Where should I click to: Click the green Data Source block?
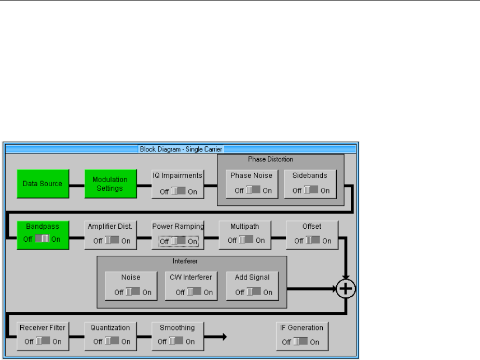tap(43, 184)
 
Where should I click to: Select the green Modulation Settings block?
tap(110, 184)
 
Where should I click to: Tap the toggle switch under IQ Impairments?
tap(178, 191)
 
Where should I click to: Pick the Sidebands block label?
tap(310, 175)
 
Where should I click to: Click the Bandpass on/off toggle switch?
tap(42, 239)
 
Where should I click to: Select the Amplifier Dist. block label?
tap(110, 226)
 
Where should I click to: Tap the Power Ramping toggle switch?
tap(178, 241)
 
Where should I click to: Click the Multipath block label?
tap(245, 226)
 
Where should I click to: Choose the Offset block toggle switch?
tap(312, 241)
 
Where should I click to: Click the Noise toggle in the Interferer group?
tap(132, 292)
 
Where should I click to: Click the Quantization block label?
tap(110, 327)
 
